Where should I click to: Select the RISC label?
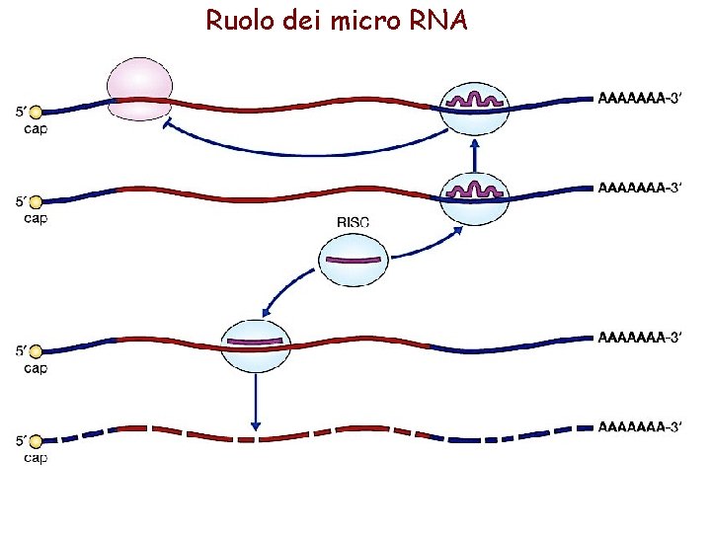tap(353, 223)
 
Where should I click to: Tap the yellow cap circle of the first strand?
tap(36, 114)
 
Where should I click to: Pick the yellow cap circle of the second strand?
tap(36, 203)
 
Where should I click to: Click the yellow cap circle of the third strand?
tap(36, 352)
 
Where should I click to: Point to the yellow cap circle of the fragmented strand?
tap(36, 441)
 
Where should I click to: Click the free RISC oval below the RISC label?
tap(353, 261)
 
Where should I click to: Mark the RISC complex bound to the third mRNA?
tap(257, 345)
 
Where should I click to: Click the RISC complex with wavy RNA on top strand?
tap(475, 106)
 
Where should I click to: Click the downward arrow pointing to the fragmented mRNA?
tap(256, 400)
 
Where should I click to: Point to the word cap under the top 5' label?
tap(36, 128)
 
